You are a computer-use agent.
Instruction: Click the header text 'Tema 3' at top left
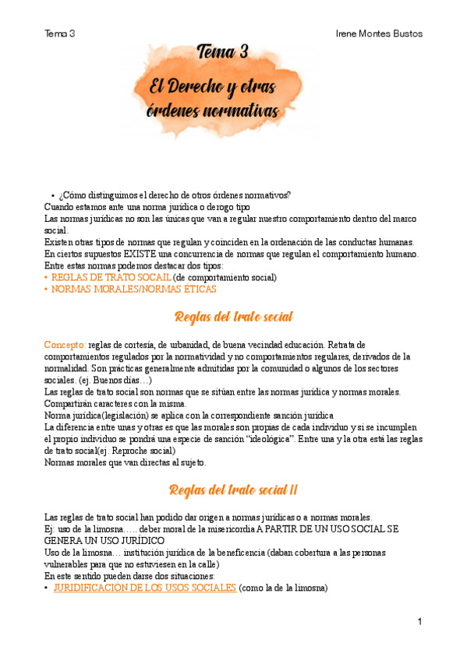coord(60,33)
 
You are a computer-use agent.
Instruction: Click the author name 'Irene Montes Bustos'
coord(379,33)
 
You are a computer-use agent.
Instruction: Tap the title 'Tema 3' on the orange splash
coord(223,53)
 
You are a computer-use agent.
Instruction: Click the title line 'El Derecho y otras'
coord(215,86)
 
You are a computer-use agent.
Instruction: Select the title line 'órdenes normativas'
coord(212,111)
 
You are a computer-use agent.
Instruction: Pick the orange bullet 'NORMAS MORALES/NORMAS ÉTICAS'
coord(129,289)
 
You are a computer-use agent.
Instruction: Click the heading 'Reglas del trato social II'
coord(233,490)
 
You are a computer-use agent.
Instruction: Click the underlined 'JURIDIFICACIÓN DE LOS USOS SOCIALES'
coord(144,588)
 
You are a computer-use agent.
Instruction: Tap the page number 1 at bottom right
coord(419,622)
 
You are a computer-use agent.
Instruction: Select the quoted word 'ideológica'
coord(291,440)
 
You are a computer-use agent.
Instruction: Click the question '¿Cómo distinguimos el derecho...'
coord(175,195)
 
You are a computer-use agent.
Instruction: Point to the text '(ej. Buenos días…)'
coord(117,380)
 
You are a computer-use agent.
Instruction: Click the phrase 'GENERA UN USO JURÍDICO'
coord(104,540)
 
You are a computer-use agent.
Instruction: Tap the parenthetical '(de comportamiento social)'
coord(225,277)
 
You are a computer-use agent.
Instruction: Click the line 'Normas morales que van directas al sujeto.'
coord(126,463)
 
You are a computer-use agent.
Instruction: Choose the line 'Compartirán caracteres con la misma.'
coord(115,403)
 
